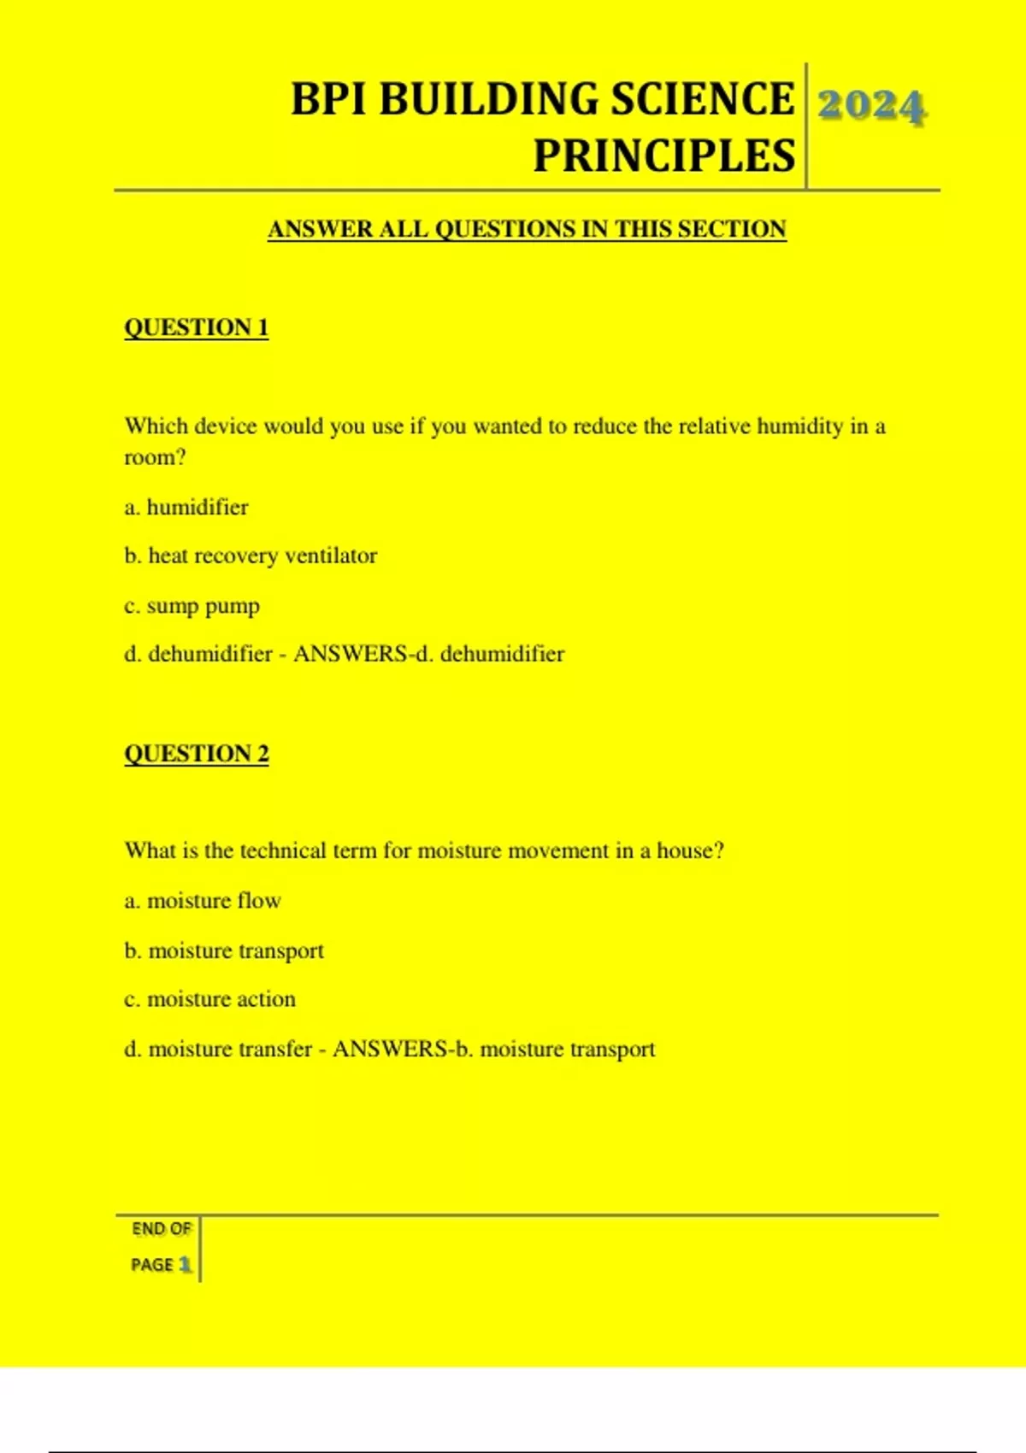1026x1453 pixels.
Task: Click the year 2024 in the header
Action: pyautogui.click(x=871, y=106)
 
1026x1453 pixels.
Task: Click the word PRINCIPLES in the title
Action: pyautogui.click(x=664, y=156)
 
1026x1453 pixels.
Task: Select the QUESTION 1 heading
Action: pyautogui.click(x=196, y=327)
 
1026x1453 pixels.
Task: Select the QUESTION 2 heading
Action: pyautogui.click(x=196, y=753)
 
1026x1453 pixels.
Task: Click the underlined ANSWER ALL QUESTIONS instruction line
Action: pyautogui.click(x=527, y=229)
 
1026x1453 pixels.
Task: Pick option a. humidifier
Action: pyautogui.click(x=186, y=507)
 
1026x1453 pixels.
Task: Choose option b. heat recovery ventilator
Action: pyautogui.click(x=251, y=556)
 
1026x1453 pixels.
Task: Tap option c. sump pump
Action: pyautogui.click(x=192, y=606)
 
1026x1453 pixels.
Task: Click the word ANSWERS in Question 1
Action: pyautogui.click(x=351, y=654)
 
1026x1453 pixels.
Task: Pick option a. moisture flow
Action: pyautogui.click(x=203, y=900)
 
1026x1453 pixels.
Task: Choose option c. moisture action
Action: pyautogui.click(x=209, y=998)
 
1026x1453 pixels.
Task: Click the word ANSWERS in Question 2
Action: pyautogui.click(x=390, y=1049)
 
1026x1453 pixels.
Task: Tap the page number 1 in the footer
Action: pyautogui.click(x=185, y=1264)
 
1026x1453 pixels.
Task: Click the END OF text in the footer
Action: pyautogui.click(x=161, y=1229)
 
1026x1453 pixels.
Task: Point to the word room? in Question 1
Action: pyautogui.click(x=155, y=457)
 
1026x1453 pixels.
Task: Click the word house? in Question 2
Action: pyautogui.click(x=690, y=850)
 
